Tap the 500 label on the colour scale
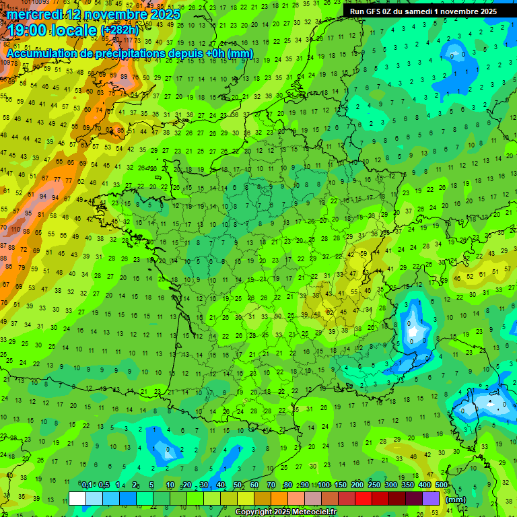tap(441, 485)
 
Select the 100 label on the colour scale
tap(324, 485)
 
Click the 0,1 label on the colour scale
tap(87, 485)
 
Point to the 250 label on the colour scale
tap(374, 485)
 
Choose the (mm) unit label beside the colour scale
tap(456, 499)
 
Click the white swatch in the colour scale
tap(77, 498)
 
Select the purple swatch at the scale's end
tap(431, 498)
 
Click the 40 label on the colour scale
tap(221, 485)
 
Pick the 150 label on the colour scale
tap(341, 485)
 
